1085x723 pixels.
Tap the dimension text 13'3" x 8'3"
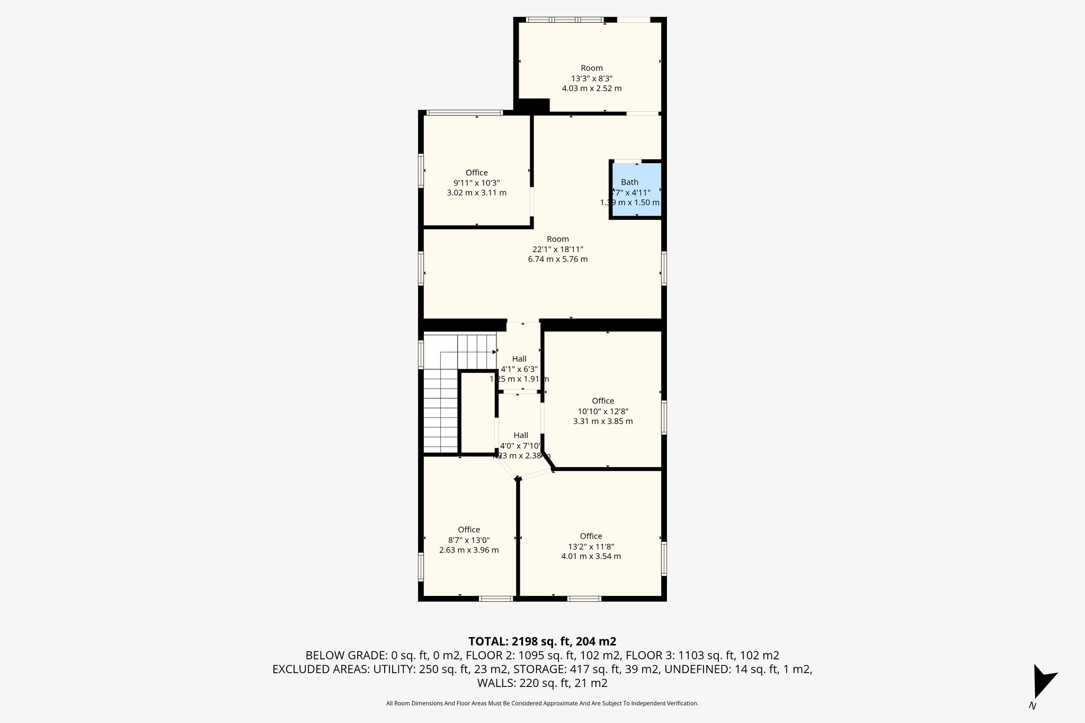point(592,78)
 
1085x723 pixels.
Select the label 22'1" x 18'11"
point(558,249)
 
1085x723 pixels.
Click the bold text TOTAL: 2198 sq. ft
point(542,641)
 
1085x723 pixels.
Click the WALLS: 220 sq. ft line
point(542,683)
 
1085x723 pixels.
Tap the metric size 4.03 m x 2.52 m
point(592,88)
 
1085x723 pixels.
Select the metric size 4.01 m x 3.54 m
point(591,556)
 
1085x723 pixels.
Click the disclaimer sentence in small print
point(542,703)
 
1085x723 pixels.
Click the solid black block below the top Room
point(532,106)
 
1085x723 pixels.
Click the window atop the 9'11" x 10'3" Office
point(465,112)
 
